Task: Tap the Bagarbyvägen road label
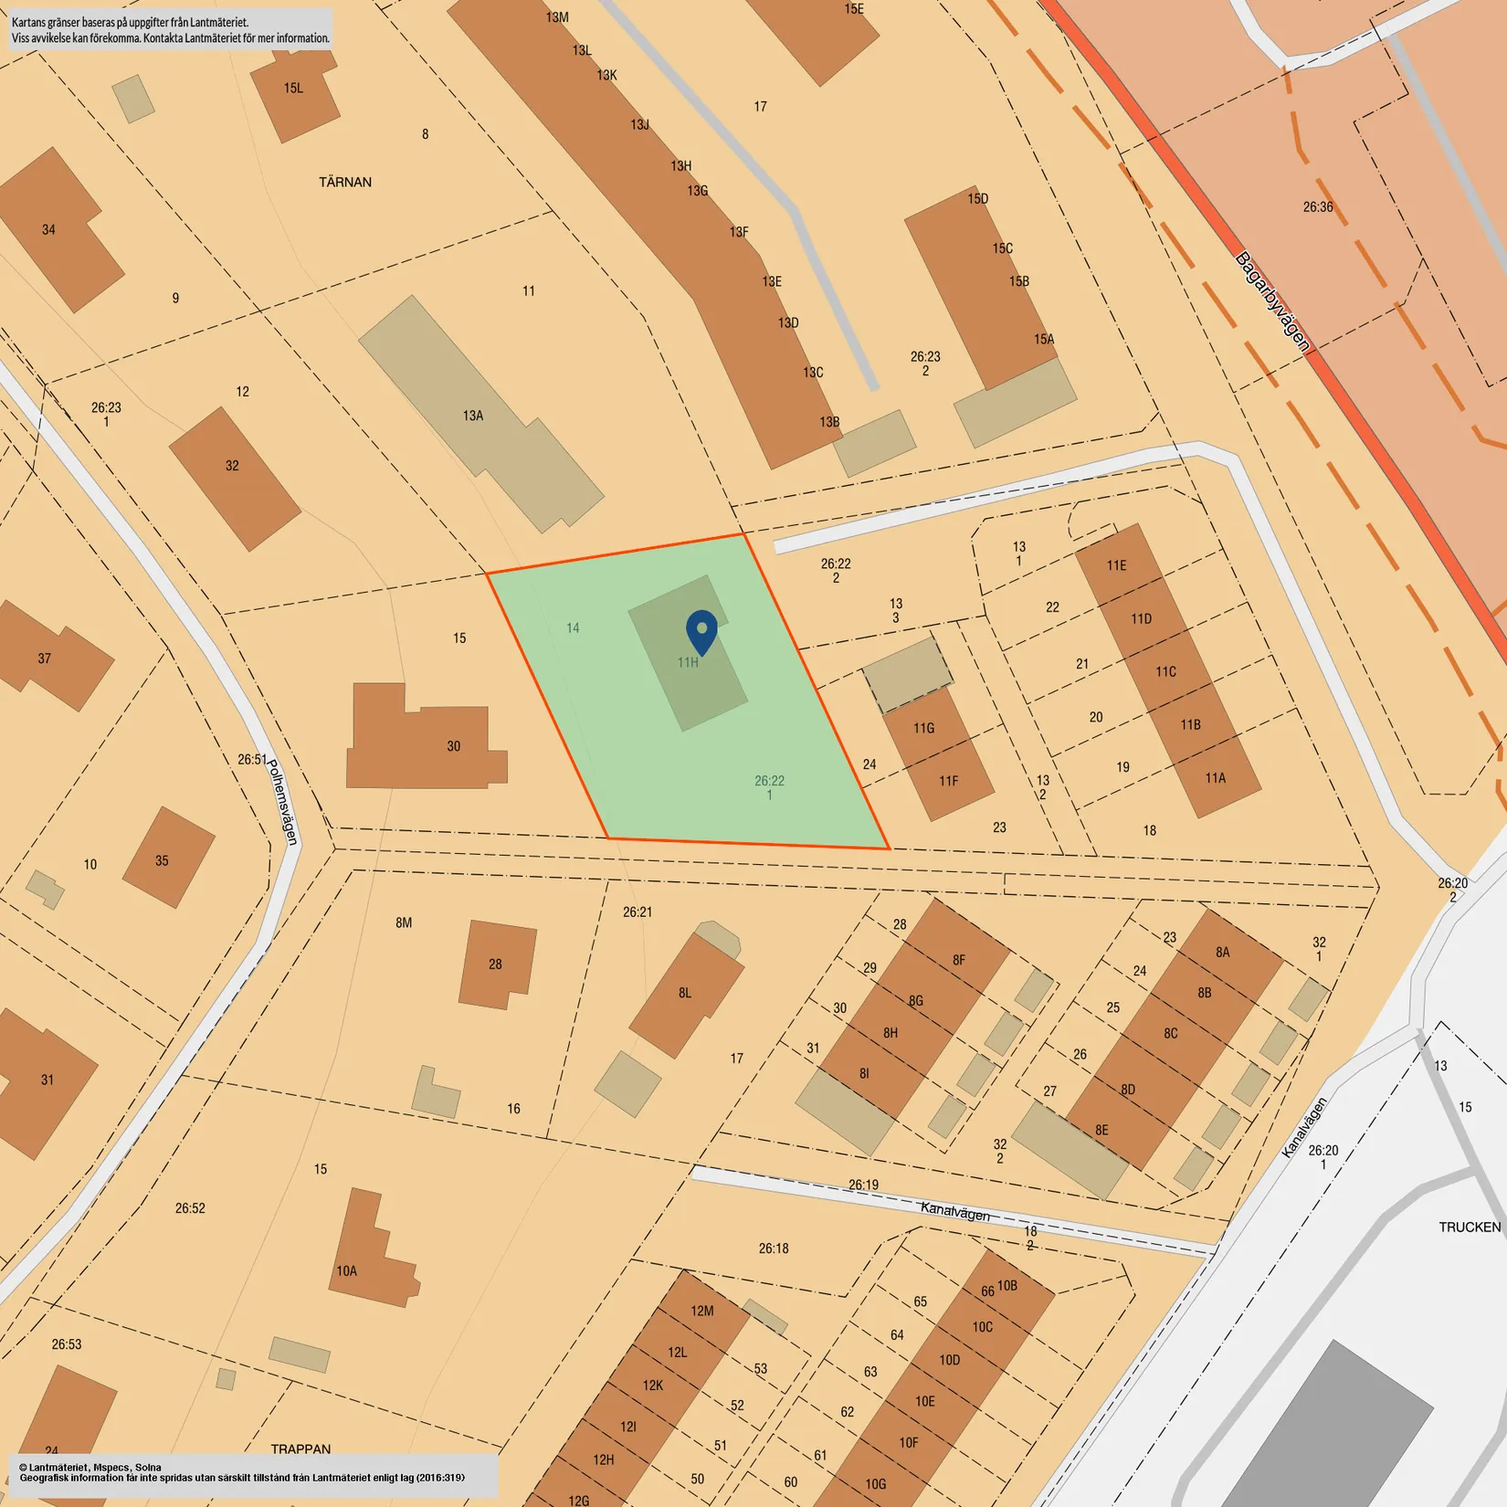click(x=1272, y=301)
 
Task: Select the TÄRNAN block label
click(x=345, y=182)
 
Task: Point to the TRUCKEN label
click(x=1470, y=1227)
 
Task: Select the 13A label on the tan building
click(x=473, y=416)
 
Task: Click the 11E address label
click(x=1117, y=565)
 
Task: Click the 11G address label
click(x=923, y=728)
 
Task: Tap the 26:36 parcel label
click(x=1318, y=207)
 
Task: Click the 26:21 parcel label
click(x=638, y=912)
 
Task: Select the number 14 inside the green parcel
click(x=573, y=627)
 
